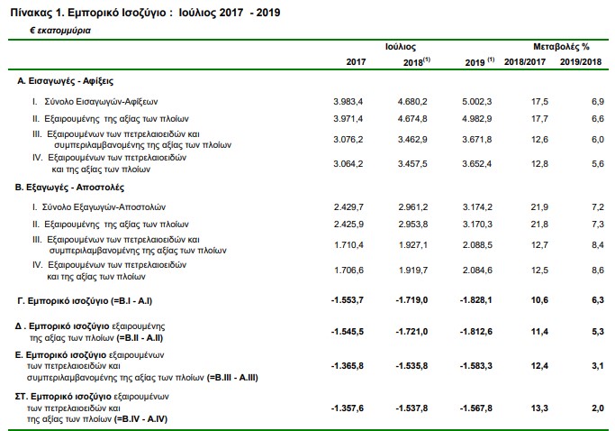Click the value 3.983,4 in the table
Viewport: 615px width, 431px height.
coord(348,102)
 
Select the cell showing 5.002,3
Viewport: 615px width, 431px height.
coord(476,102)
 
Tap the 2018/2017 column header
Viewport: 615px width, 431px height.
coord(525,61)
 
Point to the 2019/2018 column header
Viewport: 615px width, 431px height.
coord(581,61)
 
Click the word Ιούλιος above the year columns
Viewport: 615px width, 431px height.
coord(400,47)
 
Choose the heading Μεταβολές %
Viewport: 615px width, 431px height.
coord(561,47)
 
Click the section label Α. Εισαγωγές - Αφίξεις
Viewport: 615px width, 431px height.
coord(65,81)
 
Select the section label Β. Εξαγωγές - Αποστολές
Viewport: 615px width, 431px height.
coord(69,188)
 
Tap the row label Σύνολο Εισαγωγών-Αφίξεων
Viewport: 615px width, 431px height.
coord(101,102)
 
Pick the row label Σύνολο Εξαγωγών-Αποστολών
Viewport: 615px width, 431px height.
coord(104,207)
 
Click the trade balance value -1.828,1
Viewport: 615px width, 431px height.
coord(475,300)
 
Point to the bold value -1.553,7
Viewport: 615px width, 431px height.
coord(347,300)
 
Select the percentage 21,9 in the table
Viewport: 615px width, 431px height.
coord(539,207)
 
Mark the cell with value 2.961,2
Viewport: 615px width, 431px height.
coord(413,207)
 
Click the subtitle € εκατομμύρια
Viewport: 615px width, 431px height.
coord(60,31)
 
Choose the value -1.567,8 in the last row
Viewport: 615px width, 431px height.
coord(475,408)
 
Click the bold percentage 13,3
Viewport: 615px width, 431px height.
coord(539,408)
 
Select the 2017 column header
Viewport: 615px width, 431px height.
coord(356,61)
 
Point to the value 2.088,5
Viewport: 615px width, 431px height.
coord(477,244)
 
